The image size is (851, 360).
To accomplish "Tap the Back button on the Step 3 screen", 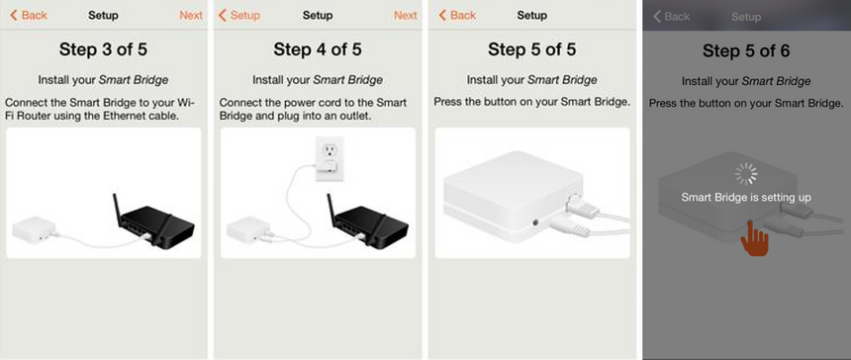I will (29, 16).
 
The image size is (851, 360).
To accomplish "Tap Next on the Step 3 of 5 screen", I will (191, 16).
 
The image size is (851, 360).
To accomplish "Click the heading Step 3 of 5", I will (103, 50).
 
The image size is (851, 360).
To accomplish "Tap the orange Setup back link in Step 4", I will (239, 16).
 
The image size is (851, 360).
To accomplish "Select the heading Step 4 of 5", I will (317, 50).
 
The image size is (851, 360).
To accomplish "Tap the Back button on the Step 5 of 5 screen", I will (457, 16).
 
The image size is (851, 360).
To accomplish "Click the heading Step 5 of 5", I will (531, 50).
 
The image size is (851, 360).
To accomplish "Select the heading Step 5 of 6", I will (746, 50).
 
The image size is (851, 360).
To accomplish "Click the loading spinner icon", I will (746, 174).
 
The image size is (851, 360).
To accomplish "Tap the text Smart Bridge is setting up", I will (746, 198).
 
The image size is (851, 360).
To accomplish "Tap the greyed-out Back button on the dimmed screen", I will (671, 17).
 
